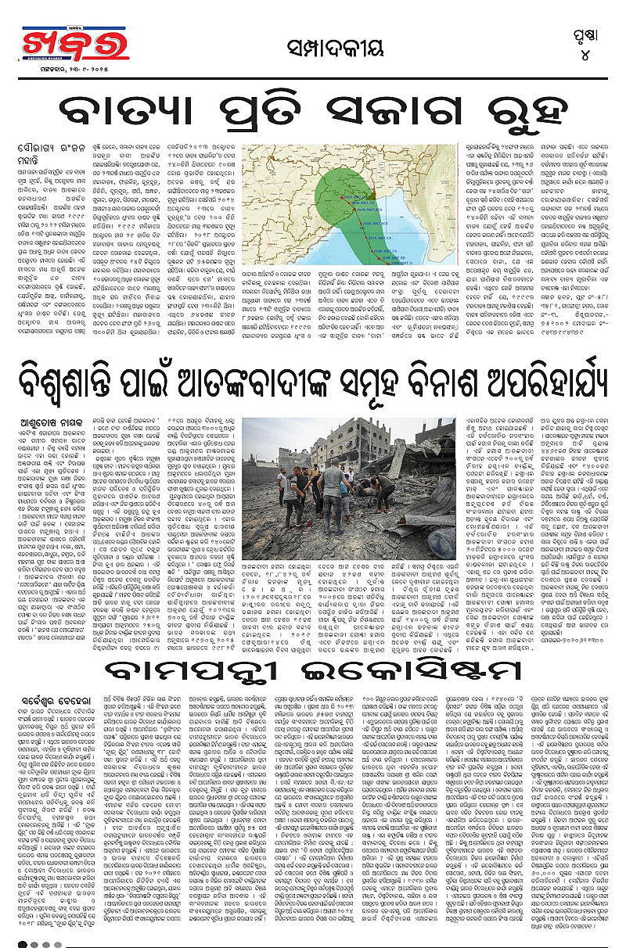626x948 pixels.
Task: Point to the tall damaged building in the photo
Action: pos(344,446)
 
